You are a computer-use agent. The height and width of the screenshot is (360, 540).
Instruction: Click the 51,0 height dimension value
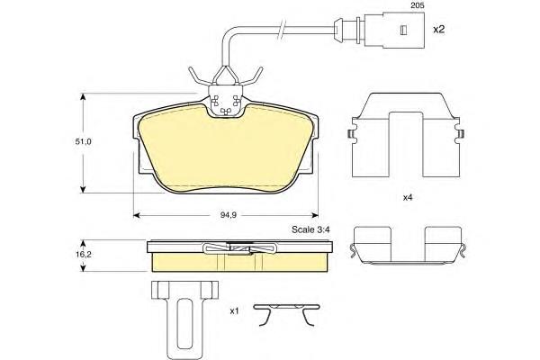[x=84, y=141]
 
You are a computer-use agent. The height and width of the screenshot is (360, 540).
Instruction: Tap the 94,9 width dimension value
[x=228, y=215]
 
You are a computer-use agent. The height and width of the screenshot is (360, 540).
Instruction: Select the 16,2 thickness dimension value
[x=84, y=255]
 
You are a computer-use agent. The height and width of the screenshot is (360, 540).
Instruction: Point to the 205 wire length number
[x=418, y=5]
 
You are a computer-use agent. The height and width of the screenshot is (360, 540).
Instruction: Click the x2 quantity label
[x=439, y=30]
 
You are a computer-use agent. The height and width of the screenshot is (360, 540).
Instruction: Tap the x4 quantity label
[x=408, y=198]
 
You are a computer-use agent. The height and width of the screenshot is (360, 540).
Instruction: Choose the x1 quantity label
[x=234, y=311]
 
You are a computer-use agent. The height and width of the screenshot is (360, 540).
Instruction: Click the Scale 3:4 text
[x=310, y=229]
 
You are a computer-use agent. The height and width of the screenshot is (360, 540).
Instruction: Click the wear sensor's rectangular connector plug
[x=394, y=31]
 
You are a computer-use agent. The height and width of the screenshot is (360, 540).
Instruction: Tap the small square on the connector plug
[x=403, y=31]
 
